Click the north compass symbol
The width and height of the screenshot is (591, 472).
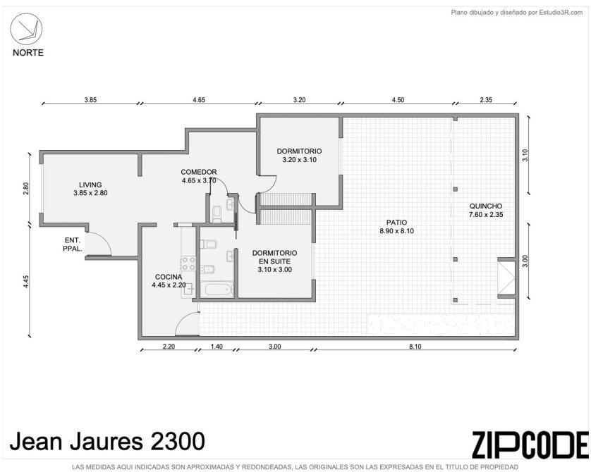point(26,30)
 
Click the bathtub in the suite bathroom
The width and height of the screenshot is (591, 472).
point(217,290)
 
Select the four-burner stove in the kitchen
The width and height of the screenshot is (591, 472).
point(188,263)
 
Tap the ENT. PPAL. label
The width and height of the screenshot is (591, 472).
point(73,244)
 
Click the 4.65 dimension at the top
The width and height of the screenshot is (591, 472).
point(199,100)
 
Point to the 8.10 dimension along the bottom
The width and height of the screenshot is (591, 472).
point(415,347)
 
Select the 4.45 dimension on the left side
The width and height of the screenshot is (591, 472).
point(25,282)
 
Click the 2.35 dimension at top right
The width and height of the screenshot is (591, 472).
point(486,100)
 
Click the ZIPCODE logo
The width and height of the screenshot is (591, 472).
point(530,445)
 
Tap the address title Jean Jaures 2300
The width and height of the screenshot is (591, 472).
point(107,441)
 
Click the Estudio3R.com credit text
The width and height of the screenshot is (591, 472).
point(517,13)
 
